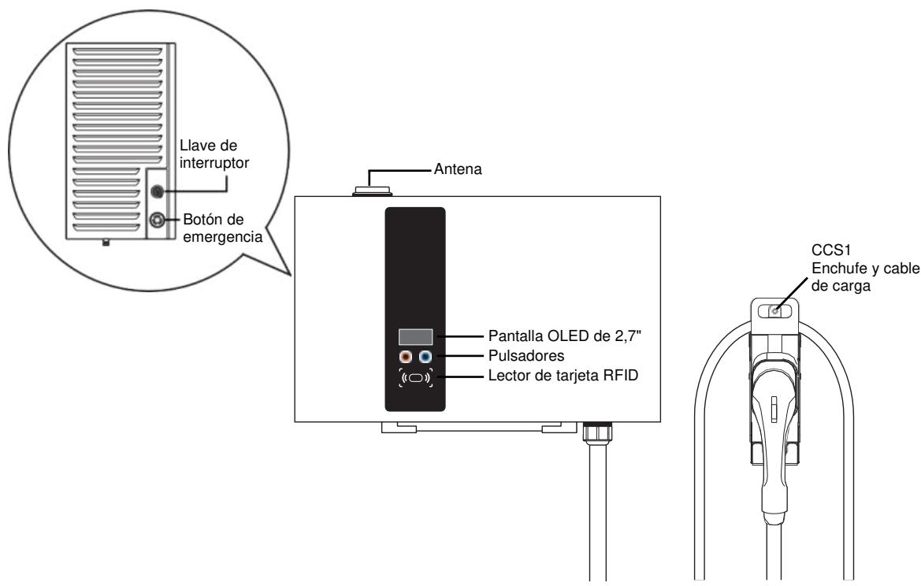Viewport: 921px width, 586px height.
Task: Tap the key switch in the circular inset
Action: pyautogui.click(x=157, y=191)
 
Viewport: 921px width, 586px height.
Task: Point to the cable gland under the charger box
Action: pyautogui.click(x=592, y=431)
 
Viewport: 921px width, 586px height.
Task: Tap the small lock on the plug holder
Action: pyautogui.click(x=776, y=311)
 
